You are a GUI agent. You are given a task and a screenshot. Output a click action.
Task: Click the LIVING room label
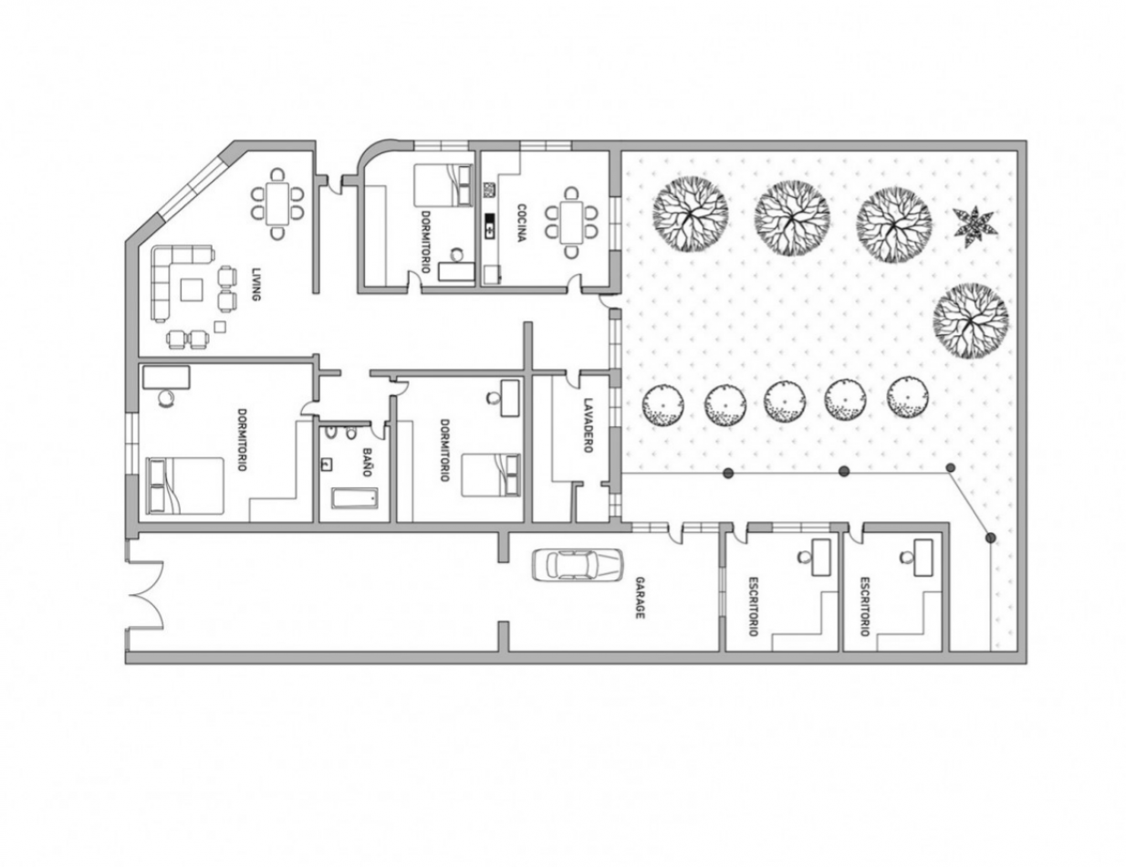pos(256,285)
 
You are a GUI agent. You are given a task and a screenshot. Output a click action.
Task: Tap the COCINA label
pos(521,224)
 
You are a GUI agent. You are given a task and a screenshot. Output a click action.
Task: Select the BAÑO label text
pos(366,463)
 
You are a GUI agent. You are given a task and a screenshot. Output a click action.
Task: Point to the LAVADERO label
pos(588,425)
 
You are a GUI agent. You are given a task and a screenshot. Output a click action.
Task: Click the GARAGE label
pos(640,598)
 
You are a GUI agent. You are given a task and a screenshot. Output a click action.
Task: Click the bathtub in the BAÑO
pos(355,500)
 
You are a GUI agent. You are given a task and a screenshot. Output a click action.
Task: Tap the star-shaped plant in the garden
pos(975,226)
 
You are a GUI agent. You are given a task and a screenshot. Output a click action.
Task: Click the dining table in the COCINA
pos(571,223)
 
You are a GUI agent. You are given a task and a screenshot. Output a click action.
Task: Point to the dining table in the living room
pos(277,204)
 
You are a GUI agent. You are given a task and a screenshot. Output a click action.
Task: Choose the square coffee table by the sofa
pos(193,289)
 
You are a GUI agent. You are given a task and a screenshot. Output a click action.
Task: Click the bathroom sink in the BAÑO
pos(328,464)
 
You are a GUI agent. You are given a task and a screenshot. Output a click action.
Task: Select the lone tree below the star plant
pos(971,321)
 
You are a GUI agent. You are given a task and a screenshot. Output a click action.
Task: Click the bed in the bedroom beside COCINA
pos(443,185)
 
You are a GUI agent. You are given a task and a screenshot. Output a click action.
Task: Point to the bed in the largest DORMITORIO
pos(185,486)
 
